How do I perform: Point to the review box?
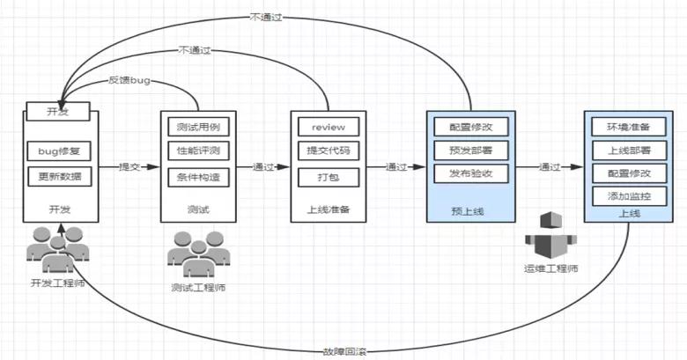328,126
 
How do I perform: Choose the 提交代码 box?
328,151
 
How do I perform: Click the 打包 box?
328,177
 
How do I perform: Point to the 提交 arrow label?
129,165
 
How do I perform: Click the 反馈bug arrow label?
129,80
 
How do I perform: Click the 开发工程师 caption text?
58,283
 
